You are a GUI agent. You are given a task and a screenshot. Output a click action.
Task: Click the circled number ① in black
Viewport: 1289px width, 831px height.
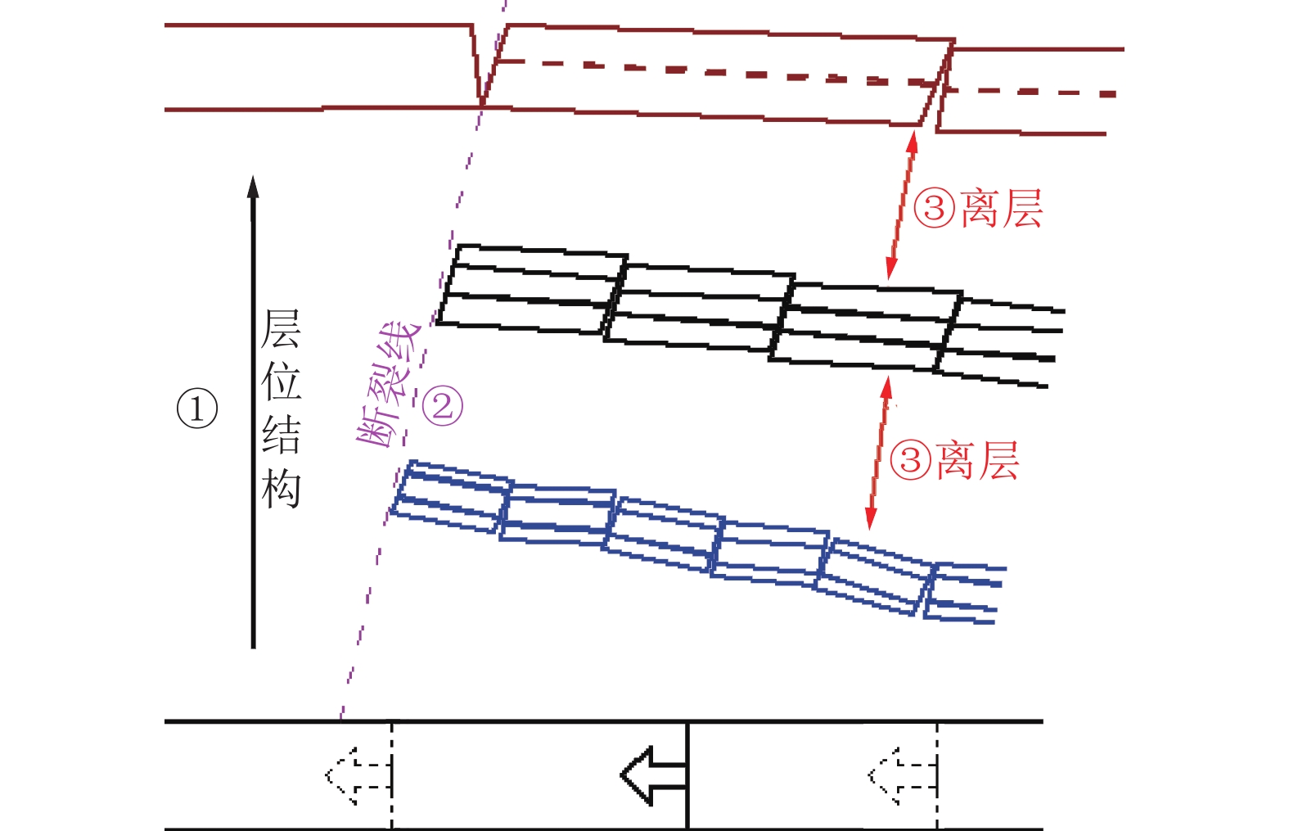(x=197, y=409)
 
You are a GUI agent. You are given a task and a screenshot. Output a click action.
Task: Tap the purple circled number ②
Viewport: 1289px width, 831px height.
(x=443, y=406)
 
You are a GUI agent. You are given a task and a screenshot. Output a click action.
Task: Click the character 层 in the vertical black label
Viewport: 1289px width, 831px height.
(x=281, y=328)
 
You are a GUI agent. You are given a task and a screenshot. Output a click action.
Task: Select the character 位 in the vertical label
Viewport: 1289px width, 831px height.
(x=281, y=382)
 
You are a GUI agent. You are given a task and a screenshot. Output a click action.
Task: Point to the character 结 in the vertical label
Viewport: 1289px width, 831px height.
(x=281, y=435)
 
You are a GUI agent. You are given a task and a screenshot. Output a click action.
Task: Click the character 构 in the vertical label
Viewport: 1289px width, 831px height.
(x=281, y=489)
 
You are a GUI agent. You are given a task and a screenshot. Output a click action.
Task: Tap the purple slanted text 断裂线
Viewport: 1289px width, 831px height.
(x=388, y=386)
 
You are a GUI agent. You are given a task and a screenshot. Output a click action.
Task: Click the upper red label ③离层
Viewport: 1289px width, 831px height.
(x=978, y=208)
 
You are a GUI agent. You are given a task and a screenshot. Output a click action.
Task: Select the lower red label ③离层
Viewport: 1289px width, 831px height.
(x=954, y=460)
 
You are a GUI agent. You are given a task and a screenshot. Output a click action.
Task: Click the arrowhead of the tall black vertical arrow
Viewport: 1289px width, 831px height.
(x=253, y=187)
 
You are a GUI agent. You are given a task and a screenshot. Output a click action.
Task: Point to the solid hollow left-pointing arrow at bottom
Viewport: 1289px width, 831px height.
(x=654, y=775)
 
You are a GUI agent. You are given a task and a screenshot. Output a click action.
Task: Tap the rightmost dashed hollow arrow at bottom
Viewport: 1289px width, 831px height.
(x=902, y=776)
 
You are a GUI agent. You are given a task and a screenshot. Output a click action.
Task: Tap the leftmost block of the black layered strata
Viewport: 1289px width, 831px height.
(x=532, y=290)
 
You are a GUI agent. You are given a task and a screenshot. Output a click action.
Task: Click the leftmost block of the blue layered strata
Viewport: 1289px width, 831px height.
(x=453, y=497)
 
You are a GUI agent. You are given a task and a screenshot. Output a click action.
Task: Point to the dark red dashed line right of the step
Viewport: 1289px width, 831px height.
(x=1031, y=92)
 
